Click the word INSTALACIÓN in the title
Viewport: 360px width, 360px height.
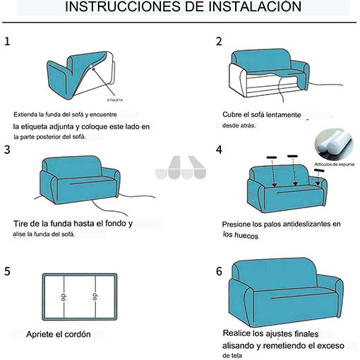click(255, 6)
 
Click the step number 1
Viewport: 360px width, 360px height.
click(7, 42)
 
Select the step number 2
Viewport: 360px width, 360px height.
click(219, 42)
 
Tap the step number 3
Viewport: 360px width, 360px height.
click(7, 150)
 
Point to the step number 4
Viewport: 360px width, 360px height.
click(219, 150)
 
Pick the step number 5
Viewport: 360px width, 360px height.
click(7, 271)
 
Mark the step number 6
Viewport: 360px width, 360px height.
click(219, 271)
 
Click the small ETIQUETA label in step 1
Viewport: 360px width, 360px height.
click(115, 100)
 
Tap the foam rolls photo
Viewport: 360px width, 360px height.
click(334, 145)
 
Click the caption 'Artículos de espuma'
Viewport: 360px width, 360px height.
click(335, 164)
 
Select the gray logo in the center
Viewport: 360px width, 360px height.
click(181, 167)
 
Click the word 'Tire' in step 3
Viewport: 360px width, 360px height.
click(20, 223)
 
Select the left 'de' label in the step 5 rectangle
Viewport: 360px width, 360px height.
click(63, 297)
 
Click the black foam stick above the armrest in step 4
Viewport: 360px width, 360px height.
click(319, 170)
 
